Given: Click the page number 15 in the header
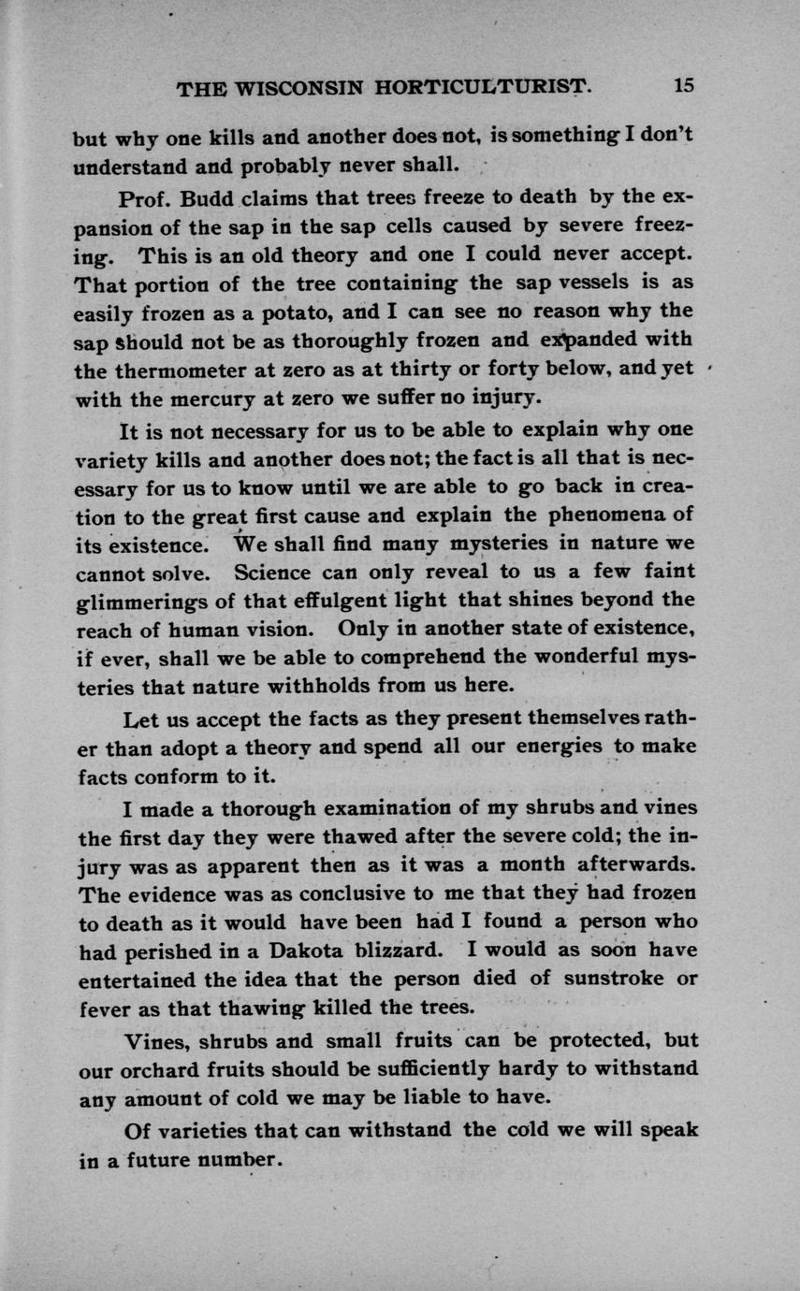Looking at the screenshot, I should click(x=682, y=85).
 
